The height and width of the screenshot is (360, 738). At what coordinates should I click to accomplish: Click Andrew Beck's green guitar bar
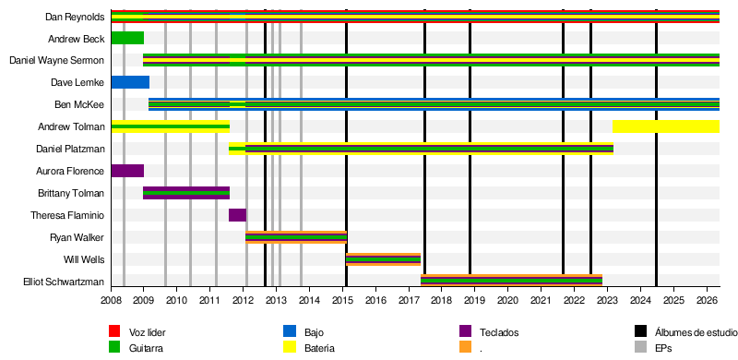click(x=127, y=38)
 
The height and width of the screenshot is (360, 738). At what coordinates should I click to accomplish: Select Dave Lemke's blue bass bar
click(x=130, y=82)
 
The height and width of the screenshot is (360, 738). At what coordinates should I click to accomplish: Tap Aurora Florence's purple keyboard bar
click(x=127, y=171)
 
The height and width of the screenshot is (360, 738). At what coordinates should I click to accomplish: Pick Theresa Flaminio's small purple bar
click(x=237, y=215)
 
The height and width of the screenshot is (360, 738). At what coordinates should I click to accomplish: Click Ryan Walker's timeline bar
click(x=296, y=237)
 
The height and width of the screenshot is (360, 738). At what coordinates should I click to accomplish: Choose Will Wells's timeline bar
click(x=383, y=259)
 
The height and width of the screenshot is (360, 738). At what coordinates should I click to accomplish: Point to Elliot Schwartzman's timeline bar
click(x=511, y=282)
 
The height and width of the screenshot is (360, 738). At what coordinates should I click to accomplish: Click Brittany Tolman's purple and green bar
click(x=186, y=193)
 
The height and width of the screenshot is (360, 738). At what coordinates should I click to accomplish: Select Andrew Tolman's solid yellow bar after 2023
click(x=666, y=126)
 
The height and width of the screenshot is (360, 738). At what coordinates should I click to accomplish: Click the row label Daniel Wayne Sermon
click(x=57, y=60)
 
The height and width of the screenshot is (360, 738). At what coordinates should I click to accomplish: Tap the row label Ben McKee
click(x=79, y=104)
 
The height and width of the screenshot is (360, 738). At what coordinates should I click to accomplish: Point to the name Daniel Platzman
click(x=70, y=149)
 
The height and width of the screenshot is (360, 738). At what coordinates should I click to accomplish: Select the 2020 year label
click(x=508, y=300)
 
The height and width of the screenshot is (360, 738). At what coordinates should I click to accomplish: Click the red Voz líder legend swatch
click(x=114, y=331)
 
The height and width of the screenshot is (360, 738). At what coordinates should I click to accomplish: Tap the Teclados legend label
click(x=499, y=332)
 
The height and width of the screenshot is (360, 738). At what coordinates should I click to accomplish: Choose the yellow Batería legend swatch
click(x=290, y=347)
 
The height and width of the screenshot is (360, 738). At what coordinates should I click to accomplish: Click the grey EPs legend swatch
click(x=641, y=347)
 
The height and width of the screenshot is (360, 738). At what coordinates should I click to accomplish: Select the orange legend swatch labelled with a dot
click(x=465, y=347)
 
